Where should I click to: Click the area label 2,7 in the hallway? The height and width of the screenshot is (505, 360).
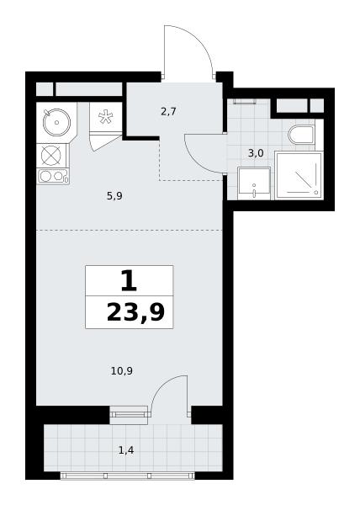point(168,112)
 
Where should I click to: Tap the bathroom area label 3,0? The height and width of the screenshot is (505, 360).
point(256,153)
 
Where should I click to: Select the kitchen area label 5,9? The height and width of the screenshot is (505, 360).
point(114,196)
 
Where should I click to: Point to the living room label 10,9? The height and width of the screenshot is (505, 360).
point(122,371)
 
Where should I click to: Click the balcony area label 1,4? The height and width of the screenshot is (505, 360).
point(126,450)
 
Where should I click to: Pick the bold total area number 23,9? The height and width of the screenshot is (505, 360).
point(135,313)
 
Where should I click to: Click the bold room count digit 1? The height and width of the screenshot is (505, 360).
point(129,281)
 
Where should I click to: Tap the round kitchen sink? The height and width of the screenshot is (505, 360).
point(56,122)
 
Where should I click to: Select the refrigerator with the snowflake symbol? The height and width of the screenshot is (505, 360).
point(105,117)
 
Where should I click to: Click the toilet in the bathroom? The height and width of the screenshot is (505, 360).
point(301,135)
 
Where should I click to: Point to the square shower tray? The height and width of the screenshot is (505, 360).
point(299,176)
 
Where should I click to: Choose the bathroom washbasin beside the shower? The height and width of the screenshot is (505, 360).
point(254,183)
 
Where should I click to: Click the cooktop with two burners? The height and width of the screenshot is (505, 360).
point(53,176)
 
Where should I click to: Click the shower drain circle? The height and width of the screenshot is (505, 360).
point(316,192)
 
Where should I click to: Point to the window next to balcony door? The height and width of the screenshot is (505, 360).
point(129,414)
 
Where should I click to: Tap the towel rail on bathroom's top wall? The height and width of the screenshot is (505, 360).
point(245,102)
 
